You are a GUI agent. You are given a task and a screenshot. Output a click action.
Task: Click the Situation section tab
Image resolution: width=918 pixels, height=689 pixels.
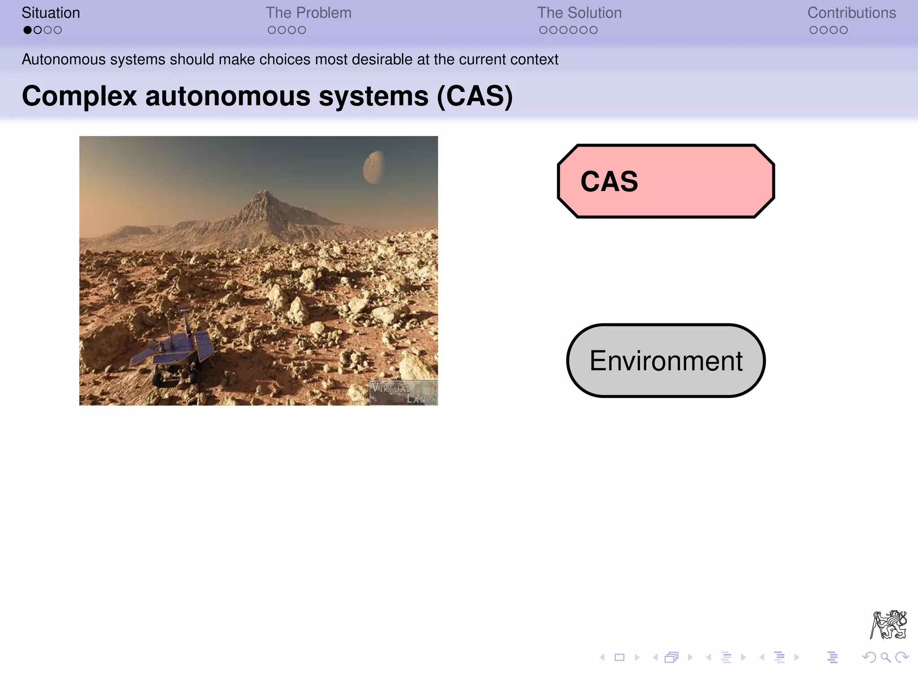51,13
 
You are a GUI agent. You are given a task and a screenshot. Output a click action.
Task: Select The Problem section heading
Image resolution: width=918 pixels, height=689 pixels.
308,13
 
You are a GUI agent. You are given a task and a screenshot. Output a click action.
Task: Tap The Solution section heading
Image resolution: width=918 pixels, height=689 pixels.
579,13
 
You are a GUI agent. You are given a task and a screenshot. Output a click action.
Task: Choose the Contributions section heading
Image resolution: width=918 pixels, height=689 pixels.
851,13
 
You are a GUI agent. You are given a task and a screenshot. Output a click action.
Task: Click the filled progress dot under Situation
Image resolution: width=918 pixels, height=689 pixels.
27,30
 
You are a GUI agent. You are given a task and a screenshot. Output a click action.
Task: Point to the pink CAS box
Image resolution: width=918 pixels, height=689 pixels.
666,181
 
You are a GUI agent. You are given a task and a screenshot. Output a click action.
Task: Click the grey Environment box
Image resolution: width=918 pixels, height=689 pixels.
666,361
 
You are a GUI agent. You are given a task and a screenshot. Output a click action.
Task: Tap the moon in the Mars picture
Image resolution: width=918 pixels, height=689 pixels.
373,167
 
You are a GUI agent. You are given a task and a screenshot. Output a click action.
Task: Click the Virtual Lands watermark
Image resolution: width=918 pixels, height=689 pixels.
403,393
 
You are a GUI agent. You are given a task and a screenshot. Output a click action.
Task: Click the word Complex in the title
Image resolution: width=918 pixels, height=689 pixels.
79,96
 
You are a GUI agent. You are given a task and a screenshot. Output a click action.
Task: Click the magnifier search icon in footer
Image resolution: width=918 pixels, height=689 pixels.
885,658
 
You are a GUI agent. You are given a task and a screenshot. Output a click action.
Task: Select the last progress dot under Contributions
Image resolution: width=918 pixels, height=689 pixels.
843,30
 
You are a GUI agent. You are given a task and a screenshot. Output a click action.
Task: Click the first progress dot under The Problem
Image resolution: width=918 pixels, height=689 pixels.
272,30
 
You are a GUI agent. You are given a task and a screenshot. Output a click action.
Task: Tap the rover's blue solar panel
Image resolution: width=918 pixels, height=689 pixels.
204,345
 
